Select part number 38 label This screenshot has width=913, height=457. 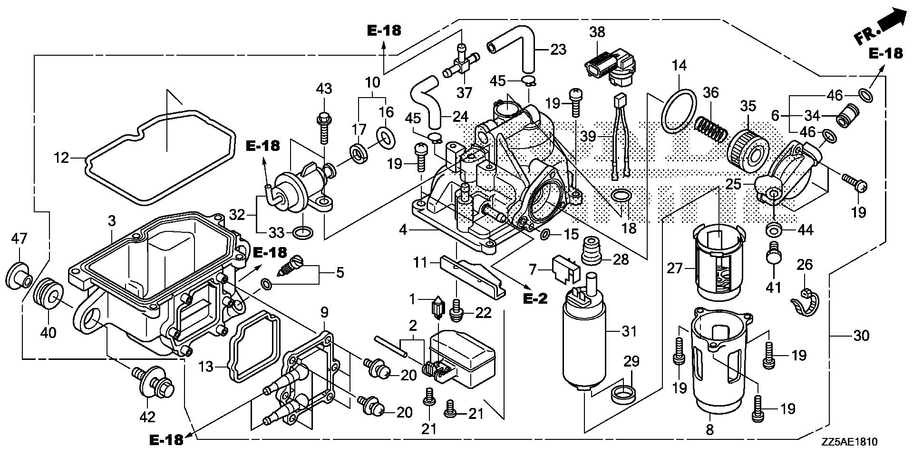[x=597, y=32]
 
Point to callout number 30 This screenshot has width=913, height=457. [x=861, y=336]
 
